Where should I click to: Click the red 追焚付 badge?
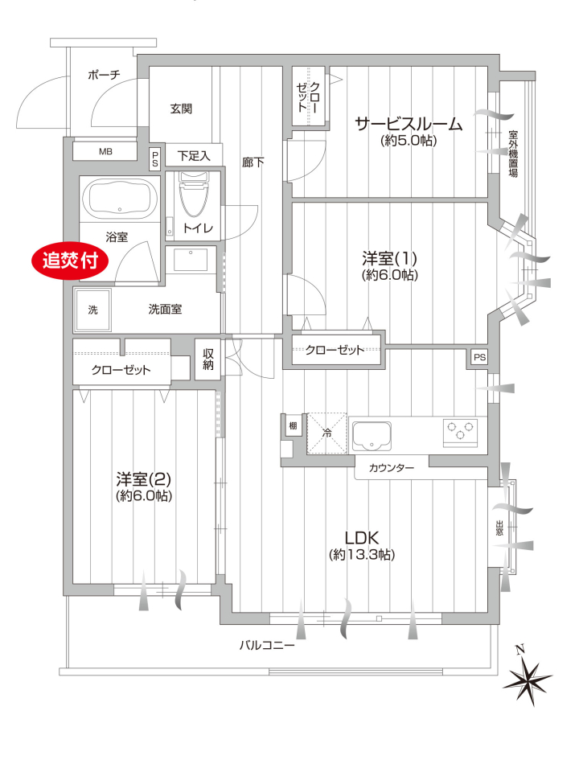(x=71, y=261)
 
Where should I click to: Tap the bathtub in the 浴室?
(x=120, y=199)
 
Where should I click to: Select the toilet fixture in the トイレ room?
(x=193, y=195)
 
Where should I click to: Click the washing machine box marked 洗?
(x=93, y=310)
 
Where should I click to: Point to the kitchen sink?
(x=372, y=436)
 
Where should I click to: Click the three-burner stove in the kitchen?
(x=460, y=433)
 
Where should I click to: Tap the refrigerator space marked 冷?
(x=327, y=433)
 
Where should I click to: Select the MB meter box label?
(x=105, y=152)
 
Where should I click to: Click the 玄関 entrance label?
(x=181, y=109)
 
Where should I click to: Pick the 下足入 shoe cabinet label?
(x=194, y=156)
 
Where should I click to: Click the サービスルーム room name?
(x=409, y=124)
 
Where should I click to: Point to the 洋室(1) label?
(x=389, y=258)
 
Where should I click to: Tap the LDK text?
(x=361, y=536)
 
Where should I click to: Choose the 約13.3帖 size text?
(x=362, y=555)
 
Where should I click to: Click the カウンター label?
(x=392, y=468)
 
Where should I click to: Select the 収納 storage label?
(x=207, y=359)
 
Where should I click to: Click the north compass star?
(x=528, y=681)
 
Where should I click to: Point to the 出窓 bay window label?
(x=499, y=528)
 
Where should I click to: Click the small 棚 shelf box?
(x=293, y=426)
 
